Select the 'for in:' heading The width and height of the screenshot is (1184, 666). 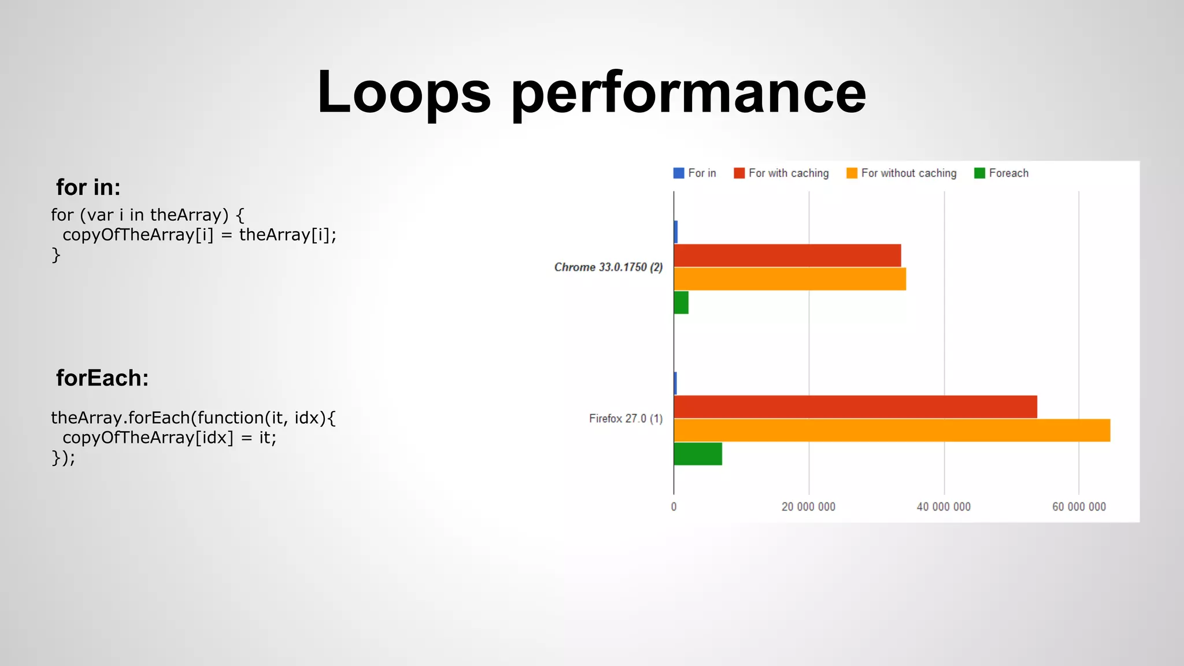88,187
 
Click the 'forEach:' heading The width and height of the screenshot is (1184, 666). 102,378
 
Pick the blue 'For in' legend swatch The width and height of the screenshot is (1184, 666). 679,173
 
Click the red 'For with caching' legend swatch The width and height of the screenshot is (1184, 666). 739,173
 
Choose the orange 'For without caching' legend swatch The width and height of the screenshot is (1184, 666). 852,173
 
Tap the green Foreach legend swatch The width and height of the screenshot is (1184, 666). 979,173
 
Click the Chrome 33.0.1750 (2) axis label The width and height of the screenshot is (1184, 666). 608,267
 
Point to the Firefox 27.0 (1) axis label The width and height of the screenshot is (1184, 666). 626,419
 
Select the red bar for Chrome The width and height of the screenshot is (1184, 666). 787,256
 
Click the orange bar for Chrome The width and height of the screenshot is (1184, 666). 790,279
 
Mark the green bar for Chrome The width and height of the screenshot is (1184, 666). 681,302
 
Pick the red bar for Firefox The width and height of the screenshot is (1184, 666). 855,406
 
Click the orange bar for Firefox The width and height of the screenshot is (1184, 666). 891,430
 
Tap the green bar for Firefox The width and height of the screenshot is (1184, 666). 698,454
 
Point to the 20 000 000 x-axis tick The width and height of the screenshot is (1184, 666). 808,507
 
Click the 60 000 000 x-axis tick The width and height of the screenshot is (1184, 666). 1079,507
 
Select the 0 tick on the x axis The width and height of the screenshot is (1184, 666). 674,507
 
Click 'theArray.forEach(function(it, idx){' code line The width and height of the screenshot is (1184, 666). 193,417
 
